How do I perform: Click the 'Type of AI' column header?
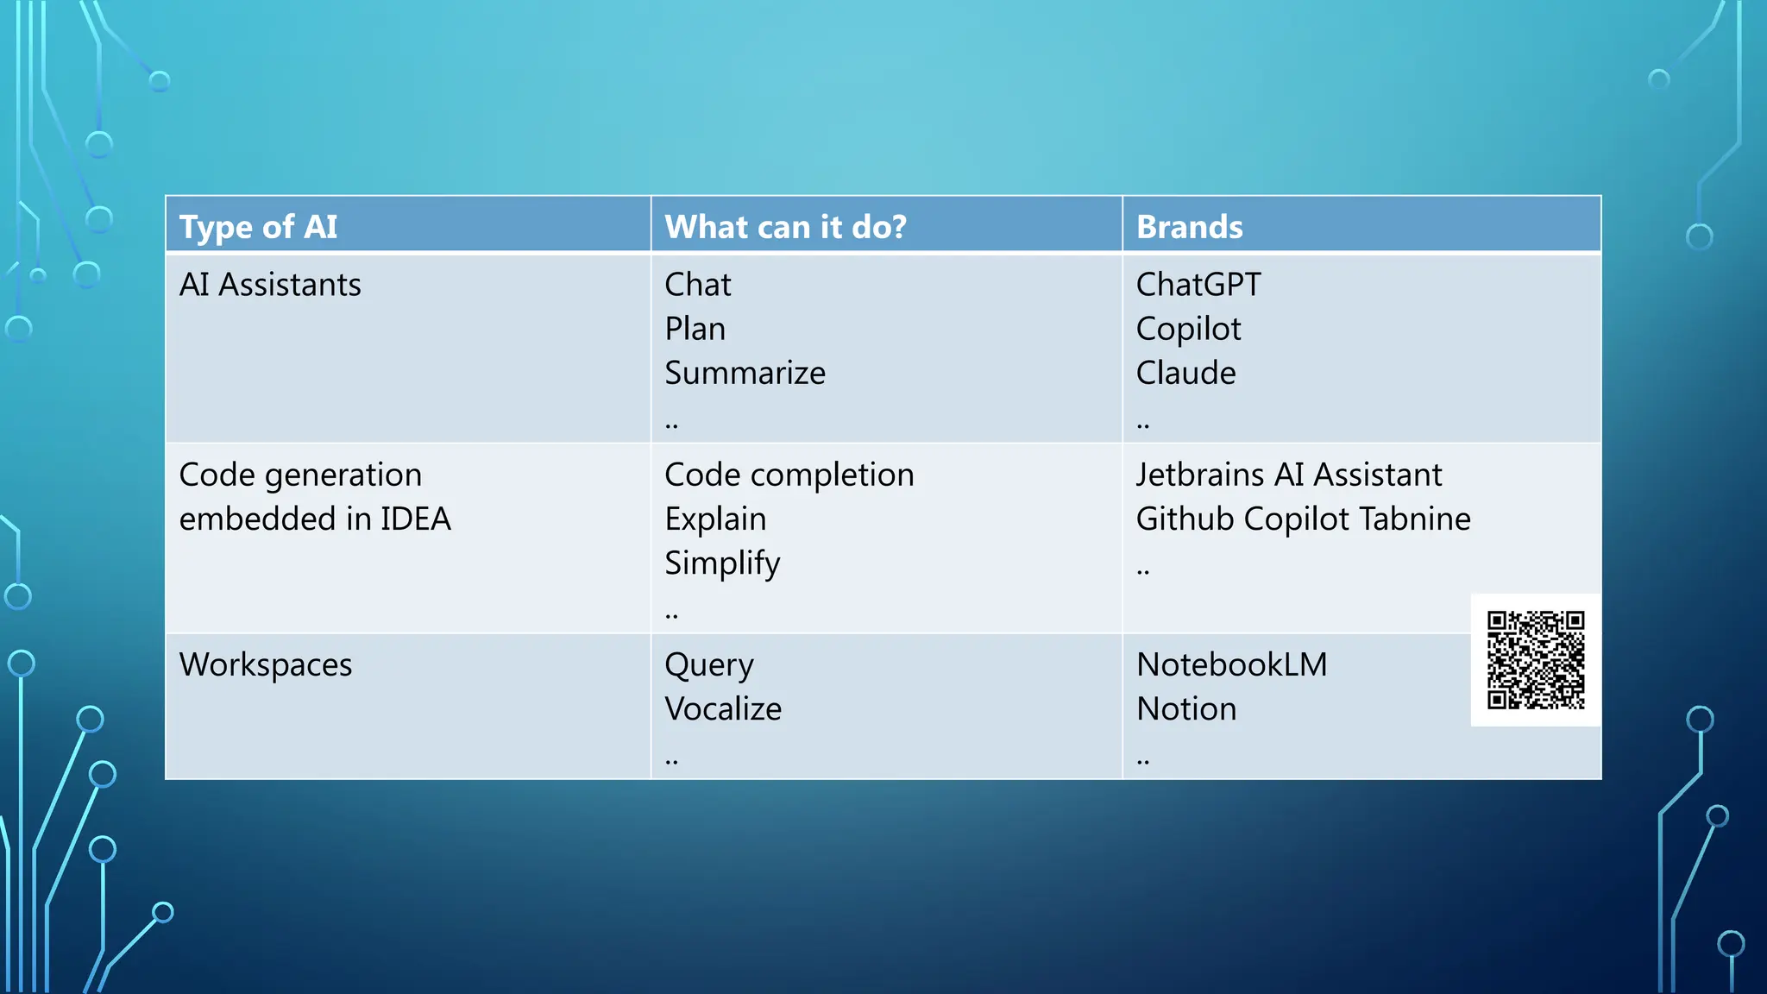click(x=258, y=227)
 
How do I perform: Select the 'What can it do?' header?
click(x=785, y=227)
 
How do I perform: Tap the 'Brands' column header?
click(x=1189, y=227)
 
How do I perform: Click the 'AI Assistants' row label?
click(x=270, y=285)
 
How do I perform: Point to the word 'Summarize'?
click(x=745, y=373)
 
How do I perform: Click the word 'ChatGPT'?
click(x=1198, y=285)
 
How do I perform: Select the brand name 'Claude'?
click(x=1185, y=373)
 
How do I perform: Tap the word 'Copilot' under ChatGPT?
click(x=1188, y=329)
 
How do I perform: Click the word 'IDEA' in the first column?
click(x=416, y=519)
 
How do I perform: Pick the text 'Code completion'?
click(x=789, y=475)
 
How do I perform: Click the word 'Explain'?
click(x=715, y=519)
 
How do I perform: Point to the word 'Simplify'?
click(x=722, y=563)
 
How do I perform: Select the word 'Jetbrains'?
click(x=1199, y=475)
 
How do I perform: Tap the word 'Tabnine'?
click(x=1414, y=519)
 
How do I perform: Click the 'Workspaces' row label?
click(x=266, y=664)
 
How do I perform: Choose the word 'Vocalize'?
click(x=723, y=708)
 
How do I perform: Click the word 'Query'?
click(x=708, y=665)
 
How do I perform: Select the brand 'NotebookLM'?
click(x=1231, y=664)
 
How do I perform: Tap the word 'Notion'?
click(x=1186, y=708)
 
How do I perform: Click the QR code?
click(x=1536, y=660)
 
